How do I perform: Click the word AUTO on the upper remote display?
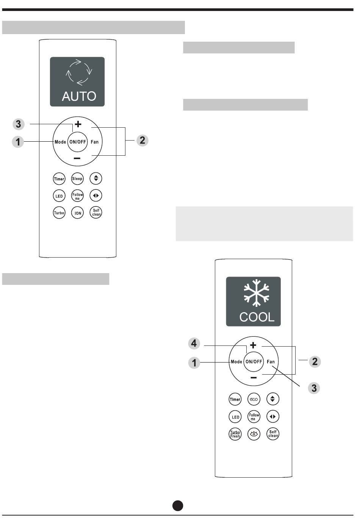point(79,96)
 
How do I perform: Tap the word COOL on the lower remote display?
point(257,317)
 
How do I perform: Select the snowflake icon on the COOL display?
point(257,293)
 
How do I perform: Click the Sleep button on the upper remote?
point(77,179)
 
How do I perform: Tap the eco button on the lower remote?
point(254,399)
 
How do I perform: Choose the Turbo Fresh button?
point(235,434)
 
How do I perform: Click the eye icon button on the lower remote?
point(254,434)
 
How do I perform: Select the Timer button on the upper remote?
point(59,179)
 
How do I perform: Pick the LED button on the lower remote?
point(235,417)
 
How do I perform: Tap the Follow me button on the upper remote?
point(77,196)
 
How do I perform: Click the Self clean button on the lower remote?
point(273,434)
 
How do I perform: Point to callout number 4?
point(194,344)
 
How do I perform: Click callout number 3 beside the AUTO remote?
point(18,124)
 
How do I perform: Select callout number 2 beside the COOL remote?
point(315,361)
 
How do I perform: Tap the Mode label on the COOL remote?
point(236,362)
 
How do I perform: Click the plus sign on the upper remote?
point(78,124)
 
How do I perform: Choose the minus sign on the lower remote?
point(254,378)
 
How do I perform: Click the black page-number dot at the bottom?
point(178,506)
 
